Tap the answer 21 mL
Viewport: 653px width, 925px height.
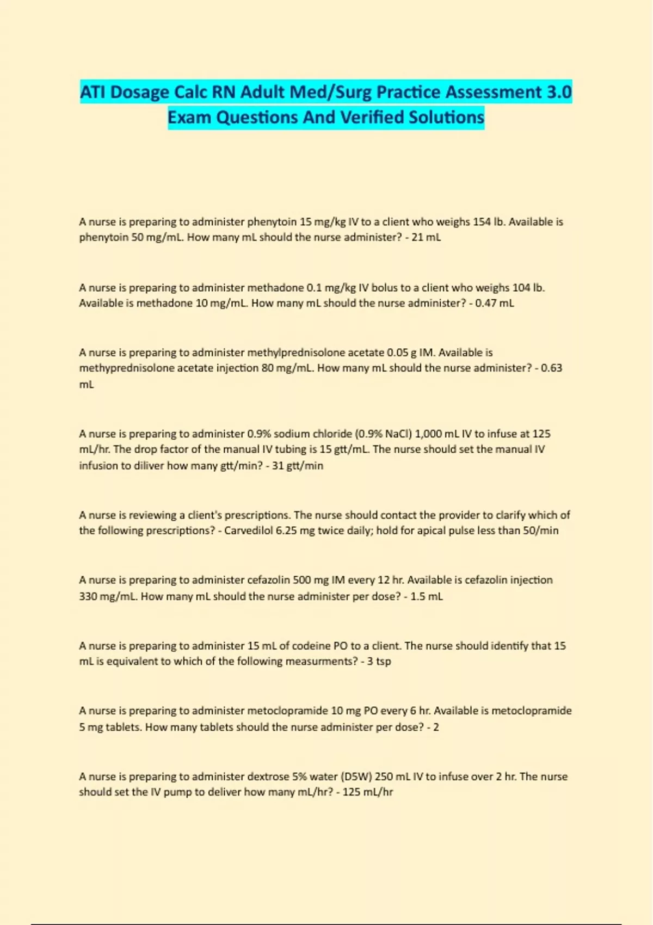[x=426, y=237]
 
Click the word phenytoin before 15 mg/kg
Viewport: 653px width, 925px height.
[x=272, y=221]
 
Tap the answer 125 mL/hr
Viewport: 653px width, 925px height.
[x=367, y=792]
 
